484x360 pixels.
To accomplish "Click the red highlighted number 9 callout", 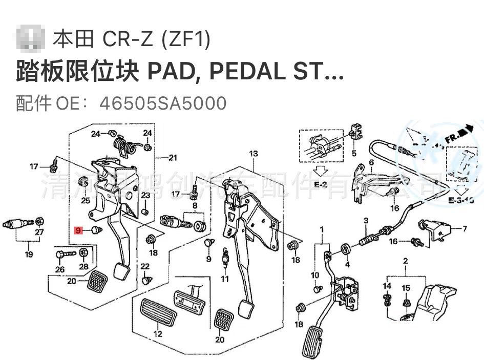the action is [x=78, y=230].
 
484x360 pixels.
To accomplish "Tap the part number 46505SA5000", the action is [x=163, y=103].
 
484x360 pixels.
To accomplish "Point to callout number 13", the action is [x=254, y=154].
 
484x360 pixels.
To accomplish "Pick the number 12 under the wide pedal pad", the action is [x=158, y=334].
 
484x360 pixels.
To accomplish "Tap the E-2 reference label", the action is [x=321, y=184].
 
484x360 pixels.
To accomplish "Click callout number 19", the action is [x=29, y=255].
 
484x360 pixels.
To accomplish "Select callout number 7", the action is [x=465, y=228].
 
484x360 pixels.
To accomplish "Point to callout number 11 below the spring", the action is [x=225, y=279].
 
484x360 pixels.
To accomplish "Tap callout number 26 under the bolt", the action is [x=60, y=270].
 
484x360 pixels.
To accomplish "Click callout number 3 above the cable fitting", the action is [x=366, y=221].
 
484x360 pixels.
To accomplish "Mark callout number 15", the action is [x=406, y=288].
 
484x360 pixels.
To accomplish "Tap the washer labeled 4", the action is [x=345, y=250].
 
